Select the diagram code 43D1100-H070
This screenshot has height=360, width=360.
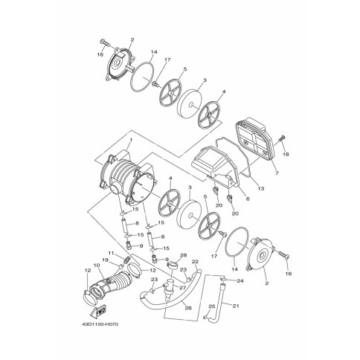[x=99, y=324]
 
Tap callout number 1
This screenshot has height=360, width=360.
[x=131, y=140]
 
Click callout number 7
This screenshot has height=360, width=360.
[x=277, y=173]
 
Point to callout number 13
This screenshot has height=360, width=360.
[x=261, y=189]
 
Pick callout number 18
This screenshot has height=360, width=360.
[x=286, y=154]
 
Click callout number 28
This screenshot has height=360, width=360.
[x=183, y=255]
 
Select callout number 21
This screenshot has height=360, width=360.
[x=236, y=306]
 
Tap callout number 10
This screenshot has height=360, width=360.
[x=96, y=265]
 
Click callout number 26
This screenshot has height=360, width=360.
[x=188, y=308]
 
